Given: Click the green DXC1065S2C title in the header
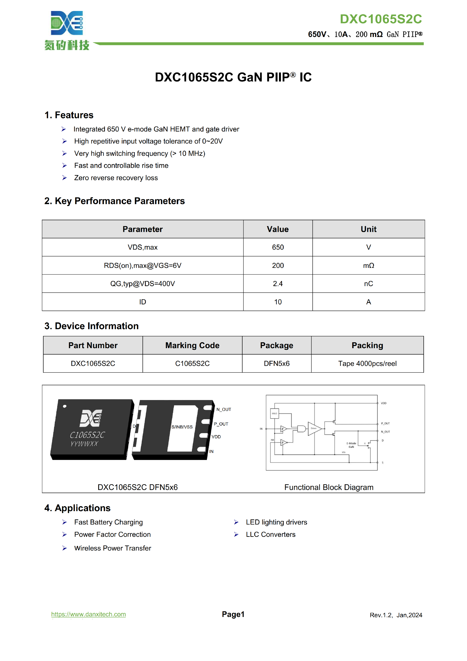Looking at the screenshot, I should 381,19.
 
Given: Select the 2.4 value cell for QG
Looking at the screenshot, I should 278,284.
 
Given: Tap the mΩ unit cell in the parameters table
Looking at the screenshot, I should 368,265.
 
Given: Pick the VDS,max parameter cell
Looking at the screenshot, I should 143,247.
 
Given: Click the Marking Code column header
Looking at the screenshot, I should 192,345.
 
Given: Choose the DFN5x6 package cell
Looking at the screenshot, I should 276,363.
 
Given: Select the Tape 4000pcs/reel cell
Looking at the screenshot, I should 367,363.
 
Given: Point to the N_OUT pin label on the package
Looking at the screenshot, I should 224,409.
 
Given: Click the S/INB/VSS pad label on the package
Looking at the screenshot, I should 182,427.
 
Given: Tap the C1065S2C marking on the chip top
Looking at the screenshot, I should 87,435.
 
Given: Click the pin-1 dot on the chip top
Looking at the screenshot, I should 65,406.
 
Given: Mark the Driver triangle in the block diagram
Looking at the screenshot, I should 314,428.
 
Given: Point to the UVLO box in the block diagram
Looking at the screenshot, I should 274,413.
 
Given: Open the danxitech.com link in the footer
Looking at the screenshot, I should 88,614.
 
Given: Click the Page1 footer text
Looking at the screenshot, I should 233,614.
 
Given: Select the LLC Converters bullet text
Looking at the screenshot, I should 270,534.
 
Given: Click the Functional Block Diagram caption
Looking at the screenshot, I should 329,487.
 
